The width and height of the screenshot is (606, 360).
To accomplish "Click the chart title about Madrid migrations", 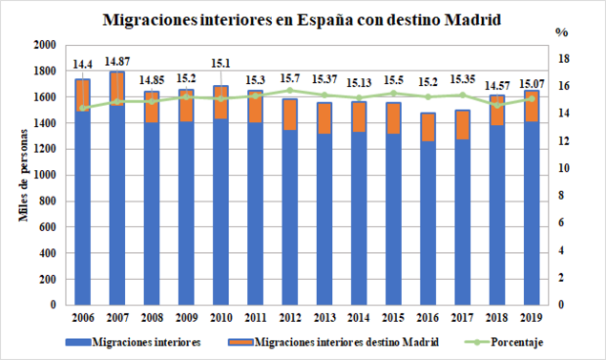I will pos(303,19).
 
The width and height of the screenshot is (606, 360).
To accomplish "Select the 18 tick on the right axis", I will pos(562,58).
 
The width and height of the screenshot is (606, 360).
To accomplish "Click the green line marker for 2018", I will pos(498,105).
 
